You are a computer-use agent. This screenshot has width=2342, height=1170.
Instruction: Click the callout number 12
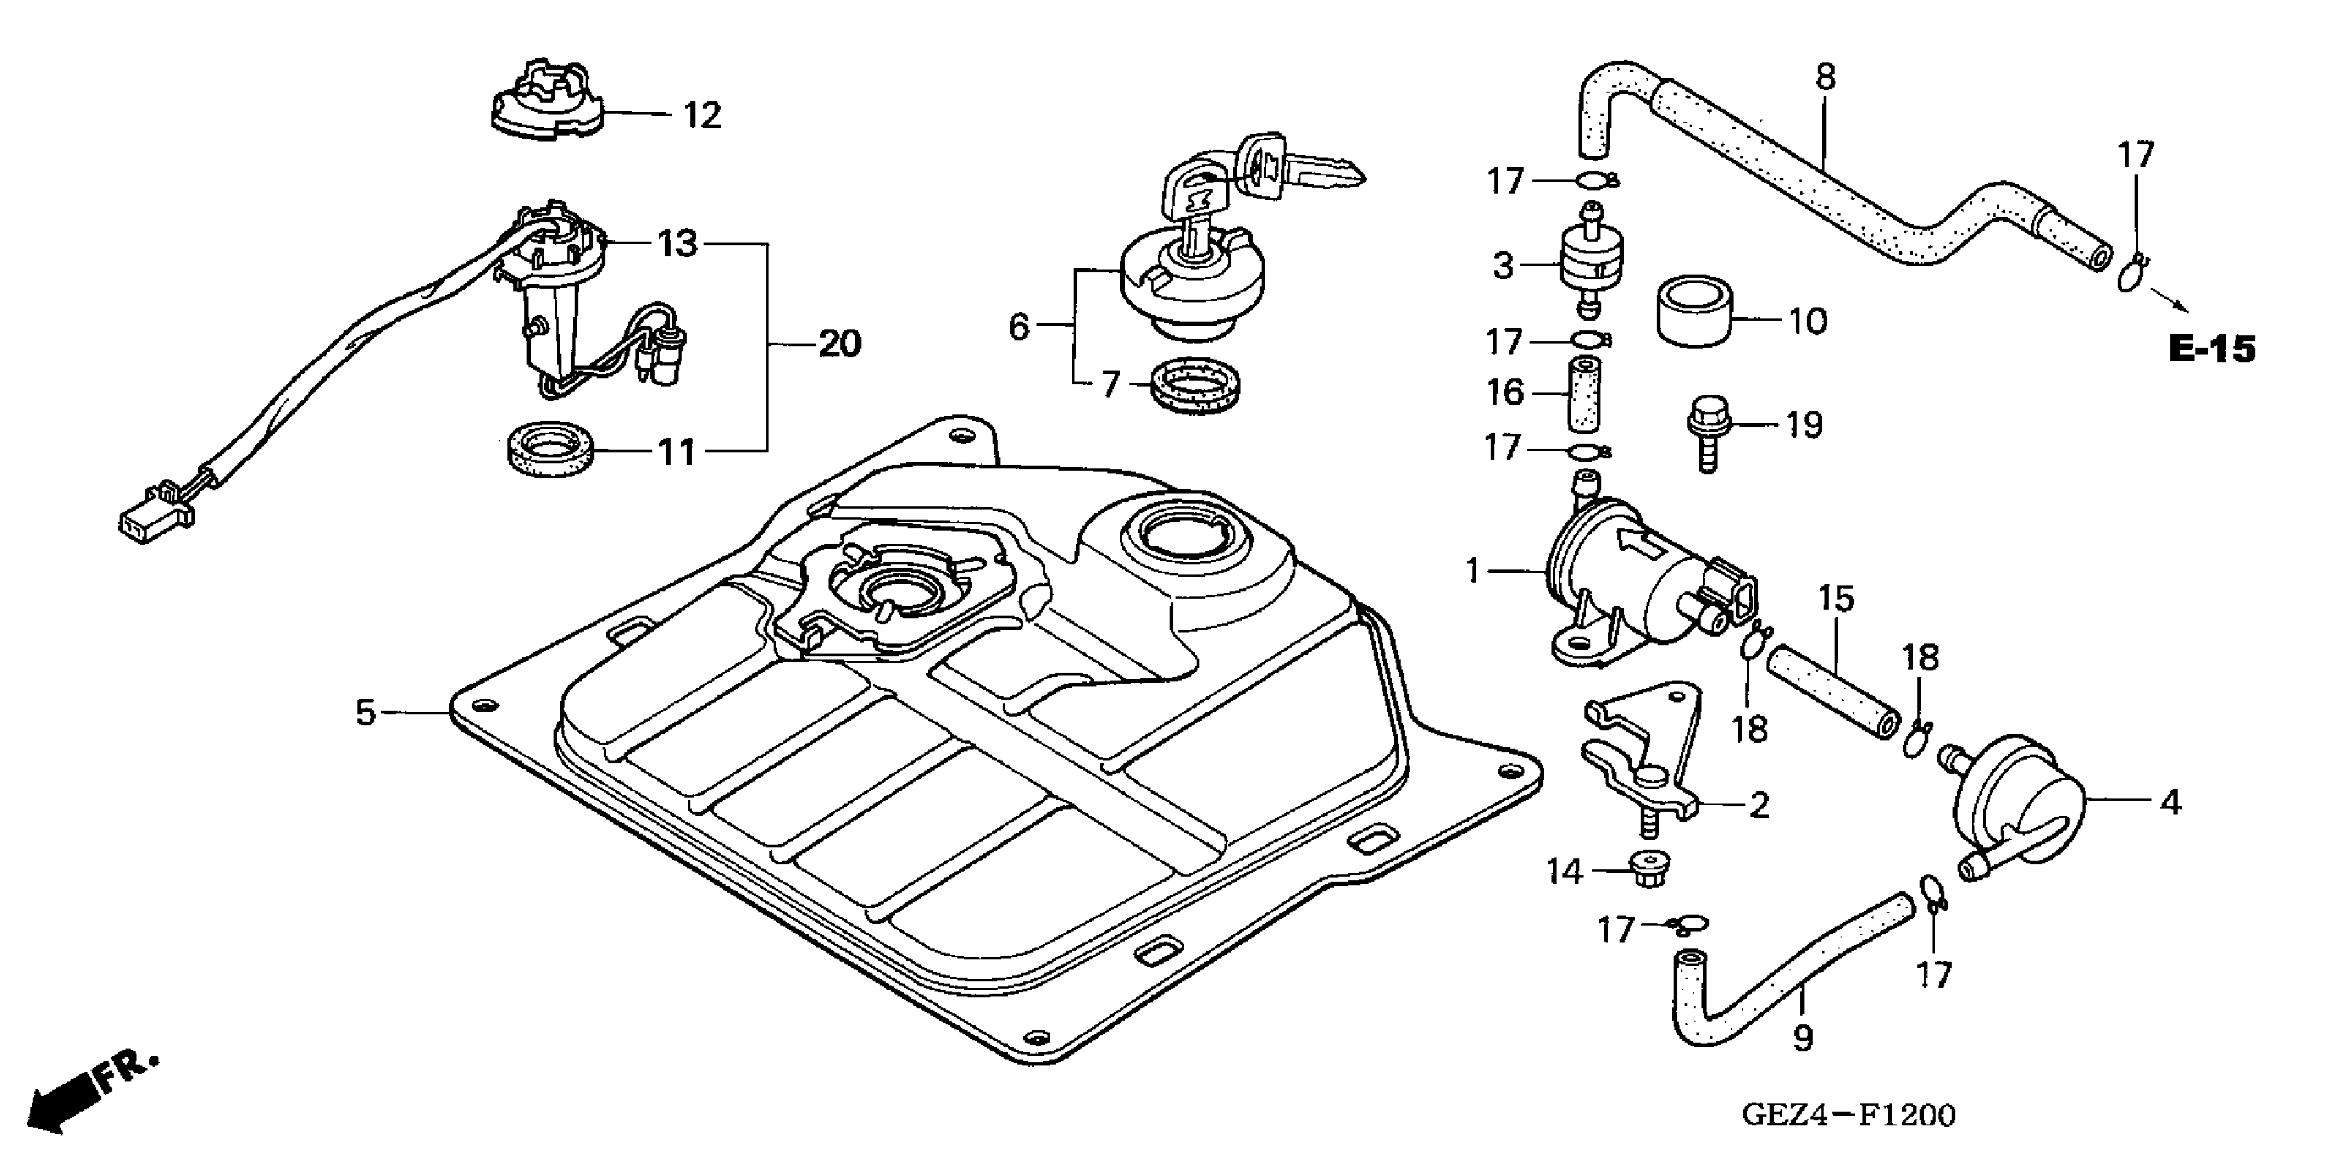click(x=702, y=116)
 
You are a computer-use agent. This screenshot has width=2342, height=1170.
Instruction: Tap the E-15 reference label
click(x=2211, y=349)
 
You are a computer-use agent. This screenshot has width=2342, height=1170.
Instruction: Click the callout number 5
click(x=365, y=713)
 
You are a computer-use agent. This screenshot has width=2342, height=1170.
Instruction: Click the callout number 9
click(x=1803, y=1038)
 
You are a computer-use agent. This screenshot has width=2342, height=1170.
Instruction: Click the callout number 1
click(x=1473, y=571)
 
